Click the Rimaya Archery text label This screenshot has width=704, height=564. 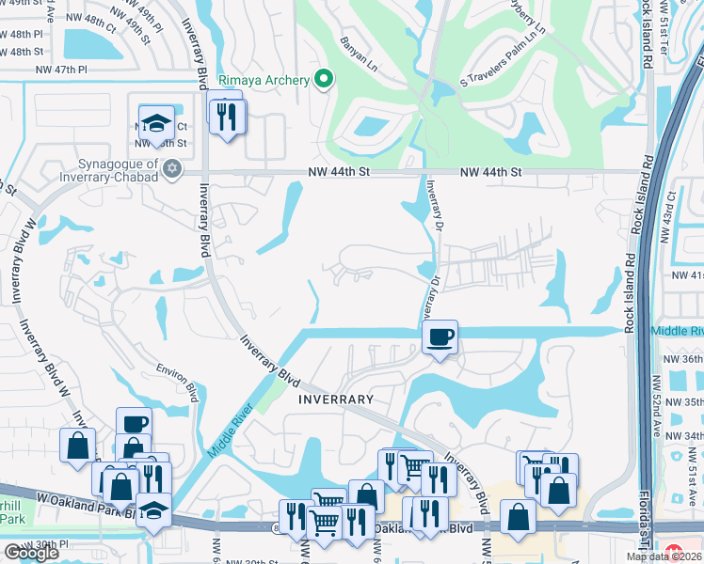[264, 80]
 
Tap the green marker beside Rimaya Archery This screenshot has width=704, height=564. [324, 79]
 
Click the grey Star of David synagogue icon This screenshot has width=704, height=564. [171, 168]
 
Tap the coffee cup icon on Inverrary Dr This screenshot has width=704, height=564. [440, 337]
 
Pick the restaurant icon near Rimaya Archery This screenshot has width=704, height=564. [226, 116]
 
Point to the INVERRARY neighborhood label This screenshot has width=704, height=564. [336, 399]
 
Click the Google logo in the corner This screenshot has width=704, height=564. [31, 553]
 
